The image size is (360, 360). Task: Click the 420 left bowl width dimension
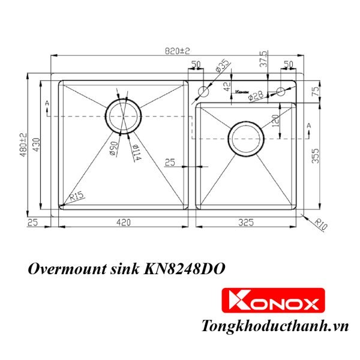click(123, 223)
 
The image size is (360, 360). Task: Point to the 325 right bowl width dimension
click(246, 223)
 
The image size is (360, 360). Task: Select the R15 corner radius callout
click(76, 196)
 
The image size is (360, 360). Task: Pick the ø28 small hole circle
click(280, 92)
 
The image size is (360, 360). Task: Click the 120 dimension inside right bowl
click(275, 122)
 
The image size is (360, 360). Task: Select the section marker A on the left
click(46, 104)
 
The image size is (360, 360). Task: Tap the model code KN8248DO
click(185, 269)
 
